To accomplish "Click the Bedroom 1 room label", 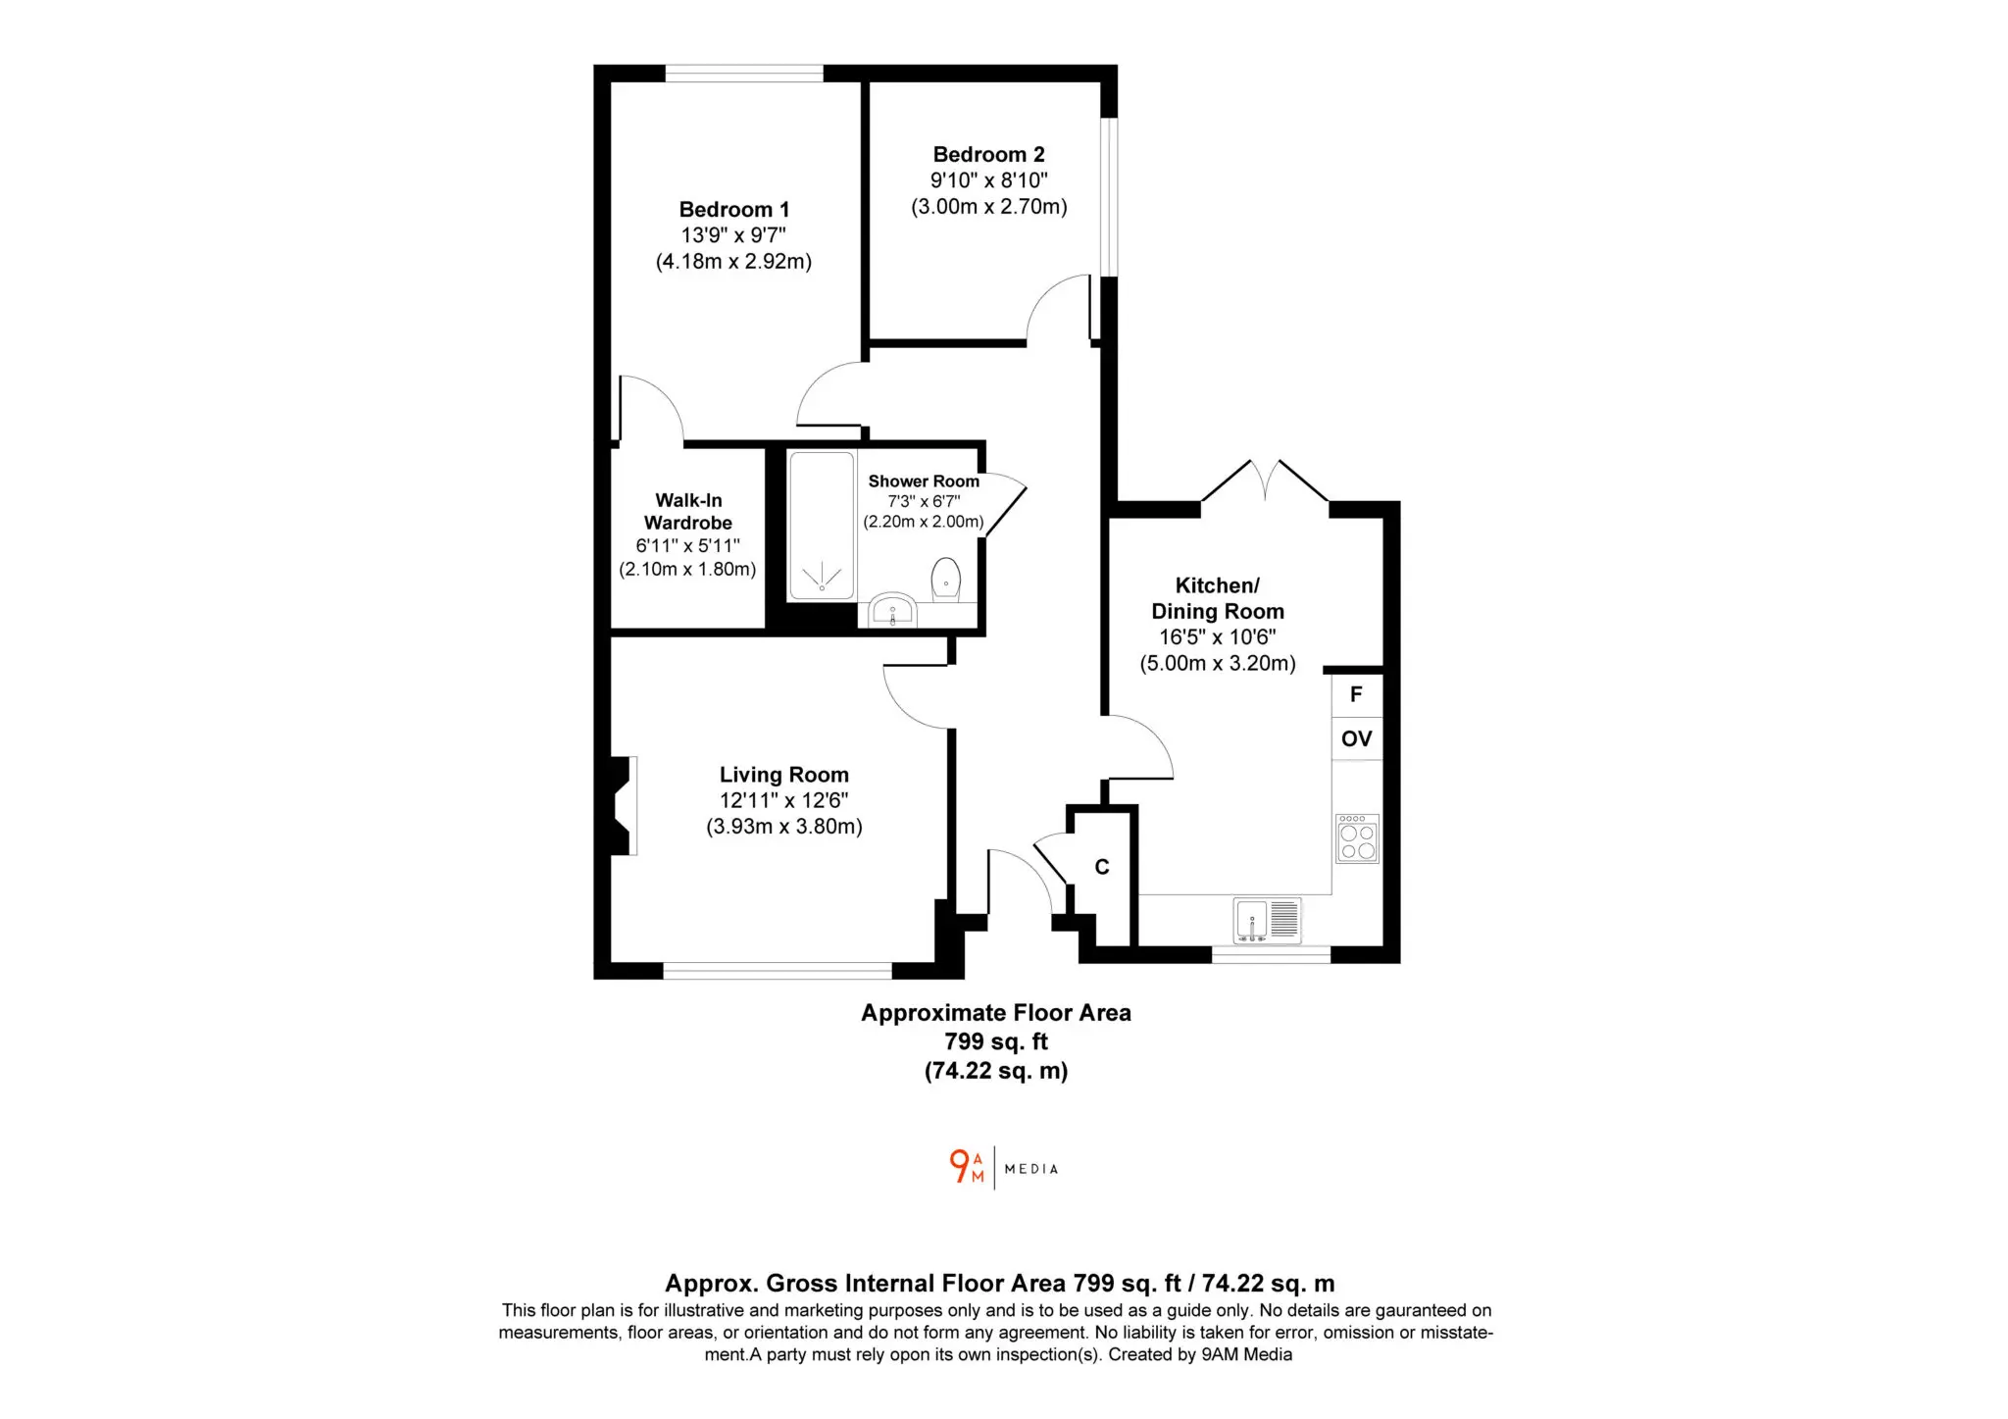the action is click(x=733, y=209).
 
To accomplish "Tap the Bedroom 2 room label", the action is click(x=988, y=154).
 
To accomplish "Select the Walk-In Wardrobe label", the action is click(x=688, y=511).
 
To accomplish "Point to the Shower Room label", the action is click(x=924, y=481).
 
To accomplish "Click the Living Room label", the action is click(x=784, y=775).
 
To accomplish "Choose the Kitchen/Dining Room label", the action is click(x=1218, y=598).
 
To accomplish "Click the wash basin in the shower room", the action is click(x=892, y=610).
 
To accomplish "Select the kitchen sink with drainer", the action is click(x=1267, y=921).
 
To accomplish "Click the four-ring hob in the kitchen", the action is click(x=1357, y=838).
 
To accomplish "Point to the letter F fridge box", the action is click(x=1357, y=695).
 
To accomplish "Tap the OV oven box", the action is click(x=1357, y=738).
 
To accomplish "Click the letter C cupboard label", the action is click(x=1102, y=867).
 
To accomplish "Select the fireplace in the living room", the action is click(x=623, y=805).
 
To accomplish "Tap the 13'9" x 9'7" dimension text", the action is click(x=733, y=235).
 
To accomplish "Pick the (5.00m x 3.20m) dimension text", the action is click(x=1218, y=663).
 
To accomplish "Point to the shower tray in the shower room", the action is click(x=822, y=525).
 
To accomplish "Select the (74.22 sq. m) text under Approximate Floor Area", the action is click(x=996, y=1070).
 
